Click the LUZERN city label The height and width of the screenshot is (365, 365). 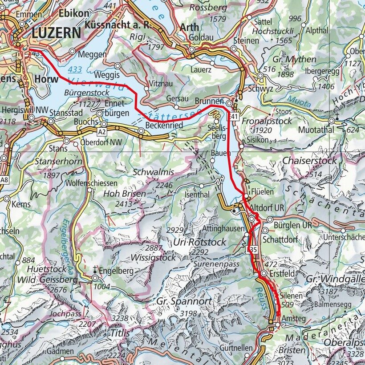click(56, 33)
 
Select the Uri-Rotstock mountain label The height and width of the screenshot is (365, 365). click(200, 242)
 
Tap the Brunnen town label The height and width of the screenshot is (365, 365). click(210, 101)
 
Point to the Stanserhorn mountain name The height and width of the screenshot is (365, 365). click(59, 161)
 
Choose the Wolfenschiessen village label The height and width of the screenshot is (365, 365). click(91, 183)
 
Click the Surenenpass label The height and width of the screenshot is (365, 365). click(217, 264)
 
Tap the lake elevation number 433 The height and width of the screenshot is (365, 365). click(75, 69)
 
